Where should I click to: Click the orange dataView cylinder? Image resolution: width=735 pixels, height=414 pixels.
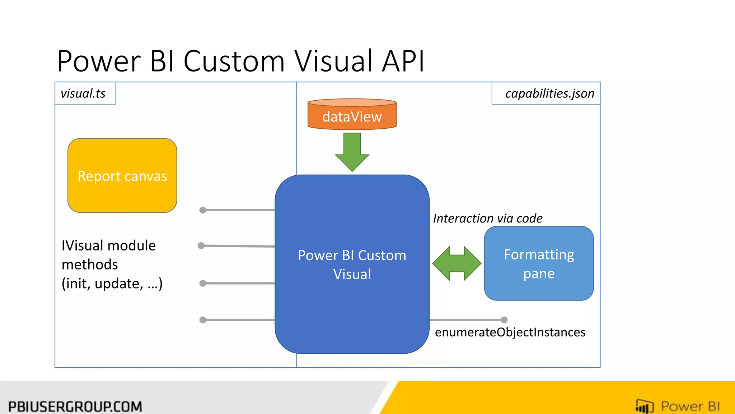pyautogui.click(x=352, y=115)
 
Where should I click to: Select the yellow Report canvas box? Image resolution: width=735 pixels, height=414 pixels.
pyautogui.click(x=122, y=176)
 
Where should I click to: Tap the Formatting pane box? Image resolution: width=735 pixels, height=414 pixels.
pyautogui.click(x=539, y=263)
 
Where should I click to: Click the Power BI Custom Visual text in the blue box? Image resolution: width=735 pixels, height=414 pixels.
pyautogui.click(x=352, y=264)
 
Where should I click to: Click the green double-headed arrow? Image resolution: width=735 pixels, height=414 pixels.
pyautogui.click(x=457, y=263)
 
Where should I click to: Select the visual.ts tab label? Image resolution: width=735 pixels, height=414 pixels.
pyautogui.click(x=83, y=93)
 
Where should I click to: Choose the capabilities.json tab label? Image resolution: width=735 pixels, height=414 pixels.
pyautogui.click(x=549, y=93)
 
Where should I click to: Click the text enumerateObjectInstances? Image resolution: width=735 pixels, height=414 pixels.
pyautogui.click(x=510, y=332)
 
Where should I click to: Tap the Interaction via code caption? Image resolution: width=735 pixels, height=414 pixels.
pyautogui.click(x=487, y=218)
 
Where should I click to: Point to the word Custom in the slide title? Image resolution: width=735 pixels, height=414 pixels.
pyautogui.click(x=234, y=61)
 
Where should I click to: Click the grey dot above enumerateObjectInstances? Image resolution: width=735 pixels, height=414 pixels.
pyautogui.click(x=504, y=320)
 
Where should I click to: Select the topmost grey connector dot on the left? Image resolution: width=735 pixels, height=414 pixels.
pyautogui.click(x=203, y=210)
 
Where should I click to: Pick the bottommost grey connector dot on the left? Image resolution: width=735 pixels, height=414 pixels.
pyautogui.click(x=203, y=320)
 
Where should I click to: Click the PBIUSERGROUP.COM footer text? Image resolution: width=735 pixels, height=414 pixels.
pyautogui.click(x=75, y=406)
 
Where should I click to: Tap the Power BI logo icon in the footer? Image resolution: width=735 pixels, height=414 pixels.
pyautogui.click(x=644, y=406)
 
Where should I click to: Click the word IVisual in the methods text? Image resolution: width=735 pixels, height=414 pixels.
pyautogui.click(x=83, y=246)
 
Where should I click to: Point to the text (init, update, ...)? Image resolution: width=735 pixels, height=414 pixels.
pyautogui.click(x=112, y=284)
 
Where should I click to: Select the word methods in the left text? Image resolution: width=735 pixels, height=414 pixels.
pyautogui.click(x=90, y=265)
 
